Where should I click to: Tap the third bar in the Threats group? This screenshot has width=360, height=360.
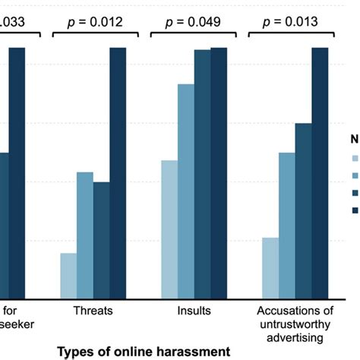click(x=102, y=240)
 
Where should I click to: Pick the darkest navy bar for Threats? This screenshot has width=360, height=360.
click(x=118, y=172)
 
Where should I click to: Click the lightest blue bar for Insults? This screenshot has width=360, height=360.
click(x=169, y=229)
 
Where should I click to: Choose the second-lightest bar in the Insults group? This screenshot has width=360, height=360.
click(x=185, y=191)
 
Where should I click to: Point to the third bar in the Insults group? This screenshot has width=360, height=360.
click(x=202, y=174)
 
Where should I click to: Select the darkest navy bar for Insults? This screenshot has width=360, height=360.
click(x=219, y=172)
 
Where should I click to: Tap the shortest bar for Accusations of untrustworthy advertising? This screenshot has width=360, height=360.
click(x=270, y=267)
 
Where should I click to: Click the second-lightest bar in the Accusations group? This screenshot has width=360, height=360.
click(x=287, y=225)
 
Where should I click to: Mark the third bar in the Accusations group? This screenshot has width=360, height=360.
click(x=304, y=210)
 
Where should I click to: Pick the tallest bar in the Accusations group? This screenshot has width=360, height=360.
click(x=321, y=172)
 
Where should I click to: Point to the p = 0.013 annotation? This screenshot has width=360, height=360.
click(x=292, y=22)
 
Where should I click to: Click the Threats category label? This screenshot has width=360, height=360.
click(x=93, y=311)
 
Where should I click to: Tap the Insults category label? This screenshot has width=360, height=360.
click(x=193, y=311)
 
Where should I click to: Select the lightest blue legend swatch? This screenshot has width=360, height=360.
click(x=354, y=159)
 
